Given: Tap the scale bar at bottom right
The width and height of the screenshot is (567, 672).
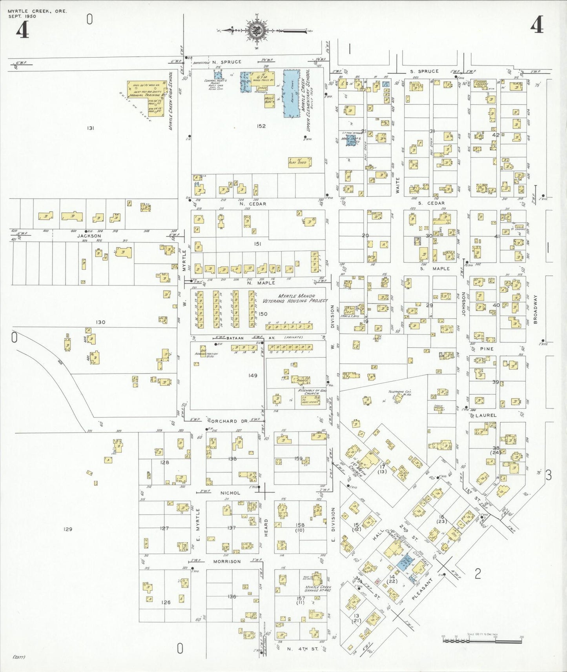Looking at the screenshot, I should click(482, 640).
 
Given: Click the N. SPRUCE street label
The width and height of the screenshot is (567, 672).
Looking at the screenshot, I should click(227, 62).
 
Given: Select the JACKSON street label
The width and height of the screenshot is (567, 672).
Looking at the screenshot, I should click(89, 236).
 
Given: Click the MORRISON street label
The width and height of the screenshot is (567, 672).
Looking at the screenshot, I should click(227, 561).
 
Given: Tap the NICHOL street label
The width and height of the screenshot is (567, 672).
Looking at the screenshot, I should click(230, 493).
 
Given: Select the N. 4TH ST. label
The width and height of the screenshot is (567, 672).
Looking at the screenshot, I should click(303, 649).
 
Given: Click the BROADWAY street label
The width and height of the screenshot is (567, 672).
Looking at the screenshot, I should click(535, 309).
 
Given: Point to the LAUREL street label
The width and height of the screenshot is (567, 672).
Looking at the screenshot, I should click(486, 415).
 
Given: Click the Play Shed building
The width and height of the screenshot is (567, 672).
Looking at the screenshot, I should click(300, 162).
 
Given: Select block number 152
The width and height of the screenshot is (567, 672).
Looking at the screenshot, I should click(261, 126).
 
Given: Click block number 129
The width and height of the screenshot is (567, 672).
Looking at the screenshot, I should click(68, 529).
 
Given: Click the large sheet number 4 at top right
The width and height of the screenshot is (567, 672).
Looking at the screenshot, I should click(536, 26).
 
